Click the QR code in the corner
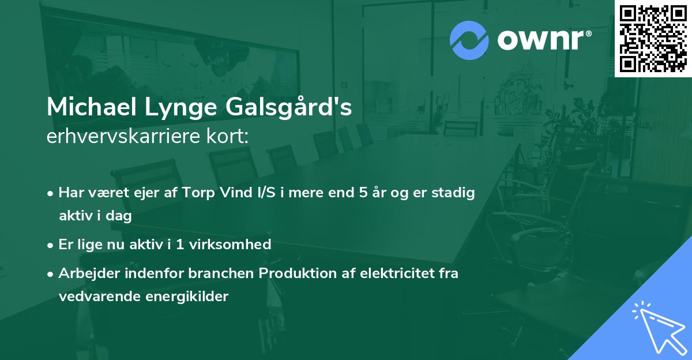point(653,38)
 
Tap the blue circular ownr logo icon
point(469,40)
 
